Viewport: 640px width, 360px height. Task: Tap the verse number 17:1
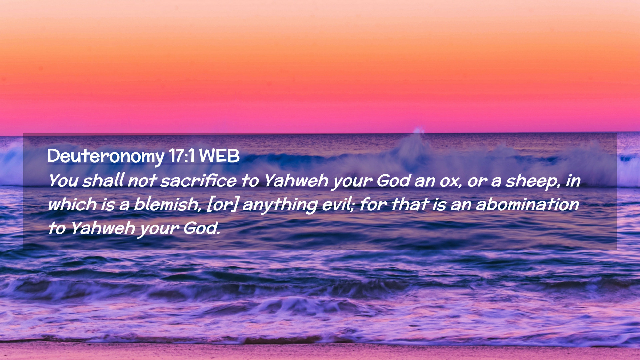click(x=182, y=156)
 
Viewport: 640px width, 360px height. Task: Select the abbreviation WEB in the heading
click(x=219, y=156)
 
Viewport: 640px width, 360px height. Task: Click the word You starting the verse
click(x=63, y=181)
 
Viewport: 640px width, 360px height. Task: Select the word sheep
click(x=533, y=182)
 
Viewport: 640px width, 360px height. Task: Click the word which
click(x=72, y=204)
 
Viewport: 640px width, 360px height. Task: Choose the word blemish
click(x=167, y=204)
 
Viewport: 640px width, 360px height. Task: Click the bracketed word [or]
click(x=223, y=205)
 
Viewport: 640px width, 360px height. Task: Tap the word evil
click(x=338, y=204)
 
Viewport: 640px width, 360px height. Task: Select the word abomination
click(x=528, y=204)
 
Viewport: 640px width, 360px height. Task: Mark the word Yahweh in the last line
click(x=103, y=228)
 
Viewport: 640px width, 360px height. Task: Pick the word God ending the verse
click(x=202, y=228)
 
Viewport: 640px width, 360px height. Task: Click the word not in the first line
click(x=142, y=181)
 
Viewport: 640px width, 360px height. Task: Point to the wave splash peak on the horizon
click(x=418, y=130)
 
